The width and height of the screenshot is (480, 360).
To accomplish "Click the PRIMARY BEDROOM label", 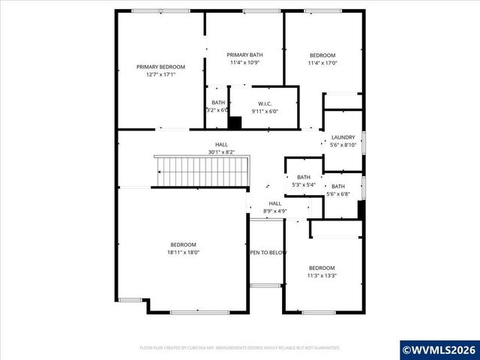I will point(160,67).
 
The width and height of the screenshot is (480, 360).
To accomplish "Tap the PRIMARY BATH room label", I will point(245,55).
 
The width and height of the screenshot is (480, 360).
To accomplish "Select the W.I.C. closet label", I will point(264,103).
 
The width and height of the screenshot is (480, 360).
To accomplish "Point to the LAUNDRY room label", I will point(343,137).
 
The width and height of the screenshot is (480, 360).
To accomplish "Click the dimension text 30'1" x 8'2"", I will point(222,152).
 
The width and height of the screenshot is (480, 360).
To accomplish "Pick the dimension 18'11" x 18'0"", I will point(183,253).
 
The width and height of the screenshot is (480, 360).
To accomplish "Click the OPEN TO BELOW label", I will point(268,253).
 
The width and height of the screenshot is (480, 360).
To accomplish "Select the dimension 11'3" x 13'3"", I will point(322,275).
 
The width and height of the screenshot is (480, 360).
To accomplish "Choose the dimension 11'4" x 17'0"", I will point(323,63).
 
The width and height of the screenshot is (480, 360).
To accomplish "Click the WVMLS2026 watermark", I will point(438,349).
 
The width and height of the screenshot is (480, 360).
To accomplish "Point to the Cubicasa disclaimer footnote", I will point(240,348).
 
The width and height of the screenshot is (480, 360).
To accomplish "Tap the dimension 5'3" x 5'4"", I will point(303,184).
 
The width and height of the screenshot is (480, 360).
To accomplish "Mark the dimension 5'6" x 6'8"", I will point(338,194).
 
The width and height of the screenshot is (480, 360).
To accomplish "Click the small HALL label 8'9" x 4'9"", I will point(275,211).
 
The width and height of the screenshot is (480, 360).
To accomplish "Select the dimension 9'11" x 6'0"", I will point(264,111).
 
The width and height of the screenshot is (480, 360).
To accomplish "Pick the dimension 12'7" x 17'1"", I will point(160,74).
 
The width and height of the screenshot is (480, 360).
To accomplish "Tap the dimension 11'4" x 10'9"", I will point(245,62).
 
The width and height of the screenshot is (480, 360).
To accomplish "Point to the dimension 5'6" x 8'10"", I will point(343,145).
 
